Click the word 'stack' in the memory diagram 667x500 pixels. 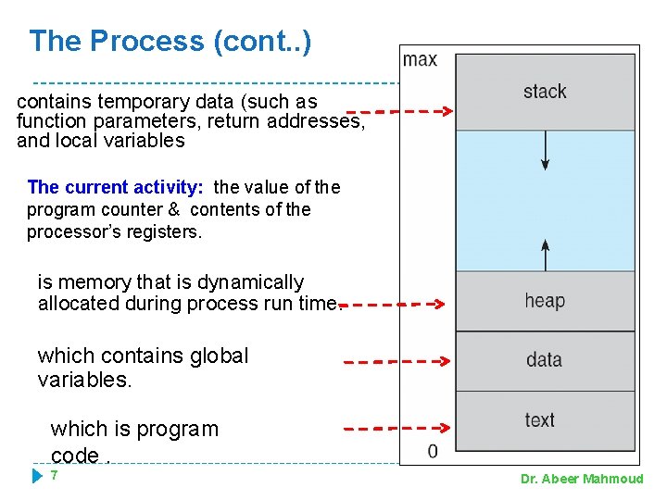[545, 91]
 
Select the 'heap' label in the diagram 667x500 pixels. [544, 300]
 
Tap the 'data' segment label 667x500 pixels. [544, 359]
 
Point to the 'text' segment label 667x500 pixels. [539, 419]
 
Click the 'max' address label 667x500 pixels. [420, 59]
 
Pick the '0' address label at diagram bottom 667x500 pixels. [433, 451]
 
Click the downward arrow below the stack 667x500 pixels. [546, 150]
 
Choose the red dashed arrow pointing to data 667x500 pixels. [396, 362]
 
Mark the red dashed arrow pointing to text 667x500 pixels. [396, 429]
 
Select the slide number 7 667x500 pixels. [55, 475]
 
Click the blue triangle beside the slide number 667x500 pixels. [37, 476]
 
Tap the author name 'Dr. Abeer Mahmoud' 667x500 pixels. [582, 479]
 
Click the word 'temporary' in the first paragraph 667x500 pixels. [127, 101]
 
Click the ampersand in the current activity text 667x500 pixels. [173, 209]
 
